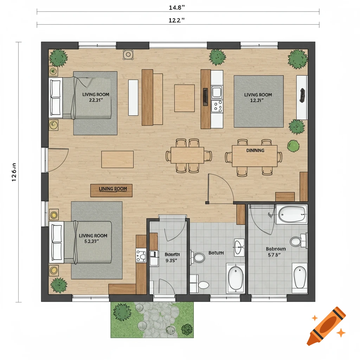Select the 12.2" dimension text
pyautogui.click(x=177, y=20)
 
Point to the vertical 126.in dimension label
pyautogui.click(x=14, y=172)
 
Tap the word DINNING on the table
pyautogui.click(x=255, y=150)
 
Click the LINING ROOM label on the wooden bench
pyautogui.click(x=112, y=189)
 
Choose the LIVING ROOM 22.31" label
pyautogui.click(x=96, y=97)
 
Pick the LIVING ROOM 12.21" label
pyautogui.click(x=258, y=97)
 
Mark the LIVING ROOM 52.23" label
pyautogui.click(x=93, y=238)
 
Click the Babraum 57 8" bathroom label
pyautogui.click(x=276, y=252)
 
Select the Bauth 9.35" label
pyautogui.click(x=173, y=257)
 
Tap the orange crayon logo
pyautogui.click(x=326, y=326)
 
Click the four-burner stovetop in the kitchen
pyautogui.click(x=217, y=105)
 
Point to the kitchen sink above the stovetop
pyautogui.click(x=217, y=92)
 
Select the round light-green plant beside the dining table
pyautogui.click(x=293, y=146)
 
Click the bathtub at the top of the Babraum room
pyautogui.click(x=292, y=214)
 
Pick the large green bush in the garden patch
pyautogui.click(x=122, y=312)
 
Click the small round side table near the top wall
pyautogui.click(x=128, y=54)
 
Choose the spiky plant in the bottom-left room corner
pyautogui.click(x=59, y=285)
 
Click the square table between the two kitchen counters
pyautogui.click(x=184, y=98)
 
